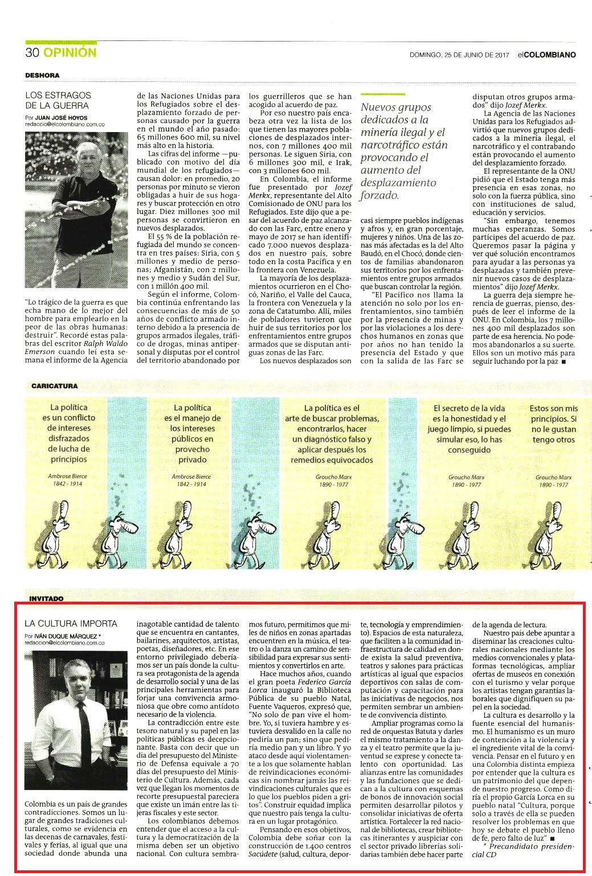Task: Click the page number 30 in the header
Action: tap(31, 53)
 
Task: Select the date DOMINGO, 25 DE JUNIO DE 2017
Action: tap(459, 55)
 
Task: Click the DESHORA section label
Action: tap(42, 75)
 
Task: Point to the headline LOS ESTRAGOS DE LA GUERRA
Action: tap(58, 100)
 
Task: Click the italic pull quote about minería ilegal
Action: tap(405, 151)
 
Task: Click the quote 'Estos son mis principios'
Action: tap(553, 424)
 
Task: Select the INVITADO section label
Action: tap(44, 598)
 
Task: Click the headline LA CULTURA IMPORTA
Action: tap(71, 623)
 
